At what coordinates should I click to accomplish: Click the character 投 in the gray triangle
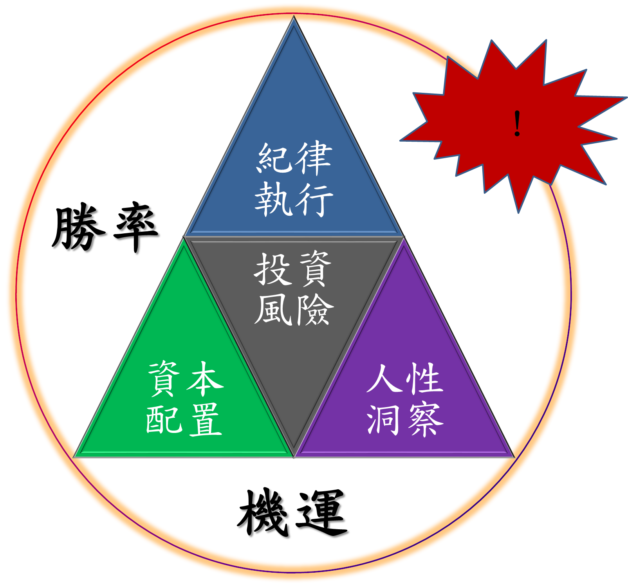pos(273,269)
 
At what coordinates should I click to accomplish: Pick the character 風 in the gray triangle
pos(273,310)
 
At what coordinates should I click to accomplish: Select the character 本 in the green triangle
pos(205,379)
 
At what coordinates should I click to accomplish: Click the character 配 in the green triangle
pos(164,420)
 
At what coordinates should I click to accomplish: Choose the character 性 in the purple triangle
pos(425,379)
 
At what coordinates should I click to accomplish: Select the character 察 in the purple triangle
pos(425,420)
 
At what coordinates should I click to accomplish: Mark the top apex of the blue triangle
pos(294,16)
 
